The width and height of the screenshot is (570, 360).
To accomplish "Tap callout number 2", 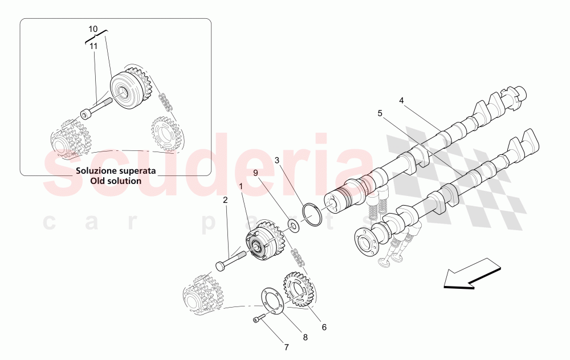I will pyautogui.click(x=225, y=200).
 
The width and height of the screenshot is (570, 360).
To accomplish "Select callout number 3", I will pyautogui.click(x=276, y=160).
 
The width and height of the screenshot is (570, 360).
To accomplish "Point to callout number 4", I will pyautogui.click(x=401, y=101).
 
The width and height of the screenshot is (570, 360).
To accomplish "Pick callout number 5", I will pyautogui.click(x=380, y=113).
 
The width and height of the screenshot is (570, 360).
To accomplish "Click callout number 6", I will pyautogui.click(x=324, y=328).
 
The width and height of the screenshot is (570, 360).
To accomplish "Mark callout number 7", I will pyautogui.click(x=287, y=347).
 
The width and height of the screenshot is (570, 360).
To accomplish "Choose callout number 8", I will pyautogui.click(x=305, y=337).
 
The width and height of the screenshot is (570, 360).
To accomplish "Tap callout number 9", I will pyautogui.click(x=256, y=173).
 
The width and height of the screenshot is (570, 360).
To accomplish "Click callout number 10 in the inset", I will pyautogui.click(x=93, y=28).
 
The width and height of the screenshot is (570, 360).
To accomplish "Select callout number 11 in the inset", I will pyautogui.click(x=93, y=46).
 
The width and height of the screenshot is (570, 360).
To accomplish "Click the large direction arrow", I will pyautogui.click(x=471, y=273).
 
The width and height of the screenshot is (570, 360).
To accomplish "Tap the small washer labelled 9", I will pyautogui.click(x=294, y=226).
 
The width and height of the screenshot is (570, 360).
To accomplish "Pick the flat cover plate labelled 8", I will pyautogui.click(x=272, y=301).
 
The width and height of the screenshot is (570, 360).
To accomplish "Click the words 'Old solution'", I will pyautogui.click(x=115, y=181).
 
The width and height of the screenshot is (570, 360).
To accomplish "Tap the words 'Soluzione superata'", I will pyautogui.click(x=115, y=171).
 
